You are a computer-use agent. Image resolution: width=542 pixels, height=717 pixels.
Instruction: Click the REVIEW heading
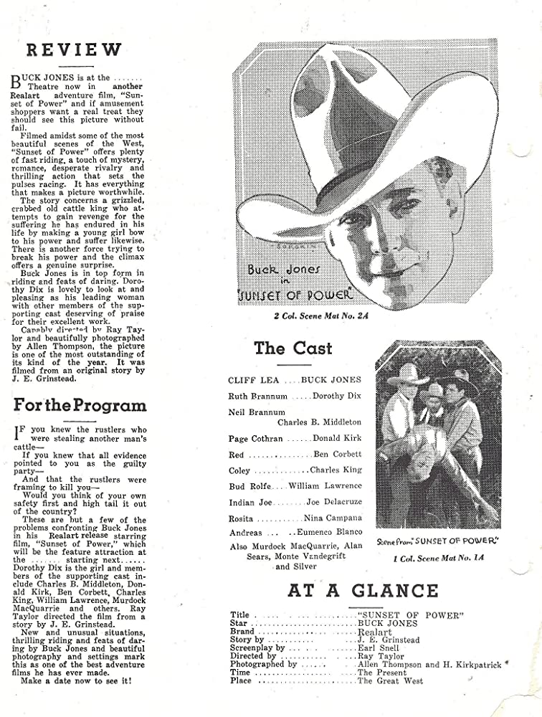click(74, 49)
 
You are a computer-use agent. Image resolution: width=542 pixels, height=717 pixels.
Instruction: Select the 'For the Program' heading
click(80, 404)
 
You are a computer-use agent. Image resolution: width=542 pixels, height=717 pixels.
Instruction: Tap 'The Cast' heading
click(293, 348)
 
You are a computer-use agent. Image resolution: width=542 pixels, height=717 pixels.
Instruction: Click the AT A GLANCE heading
click(363, 591)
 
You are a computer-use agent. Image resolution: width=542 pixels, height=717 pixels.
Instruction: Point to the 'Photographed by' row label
click(263, 664)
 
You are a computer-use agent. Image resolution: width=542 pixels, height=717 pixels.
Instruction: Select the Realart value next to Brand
click(374, 632)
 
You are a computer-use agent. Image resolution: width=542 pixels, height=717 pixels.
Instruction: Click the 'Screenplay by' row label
click(258, 647)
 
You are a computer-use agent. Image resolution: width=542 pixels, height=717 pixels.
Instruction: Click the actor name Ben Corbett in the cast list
click(338, 455)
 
